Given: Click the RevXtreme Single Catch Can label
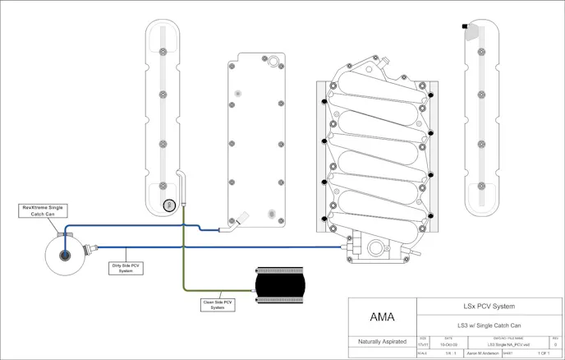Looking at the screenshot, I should point(44,210).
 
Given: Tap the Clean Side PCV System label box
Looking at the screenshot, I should point(218,304).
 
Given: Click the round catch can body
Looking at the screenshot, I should point(64,253).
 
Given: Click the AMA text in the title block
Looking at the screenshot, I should point(383,316).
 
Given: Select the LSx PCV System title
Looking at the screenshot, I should point(491,307).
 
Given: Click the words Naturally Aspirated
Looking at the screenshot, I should point(383,341).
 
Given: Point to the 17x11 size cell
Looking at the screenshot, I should point(424,344).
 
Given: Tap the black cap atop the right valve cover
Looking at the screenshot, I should point(466,27).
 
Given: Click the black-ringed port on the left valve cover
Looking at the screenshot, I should point(169,204).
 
